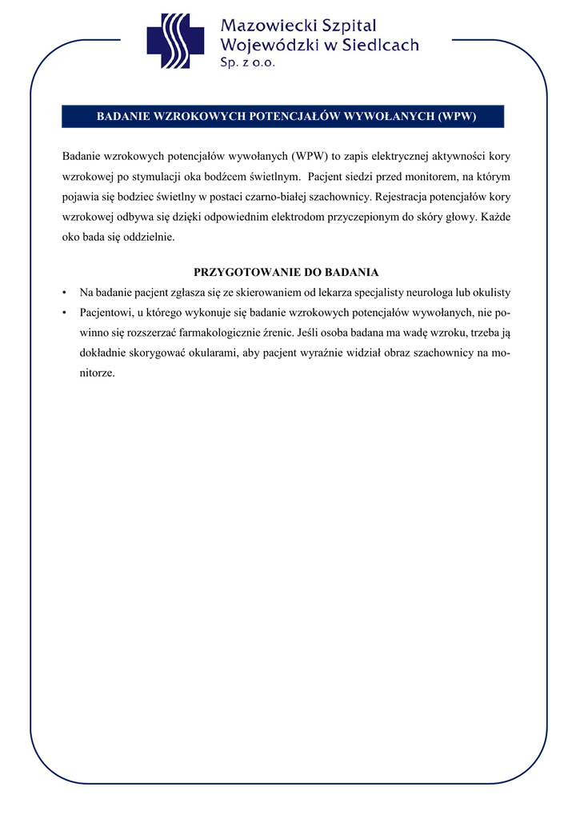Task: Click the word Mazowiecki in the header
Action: tap(267, 27)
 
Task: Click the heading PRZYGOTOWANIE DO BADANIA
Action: tap(286, 272)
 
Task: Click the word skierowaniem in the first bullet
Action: tap(272, 293)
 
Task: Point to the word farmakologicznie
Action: tap(226, 333)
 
